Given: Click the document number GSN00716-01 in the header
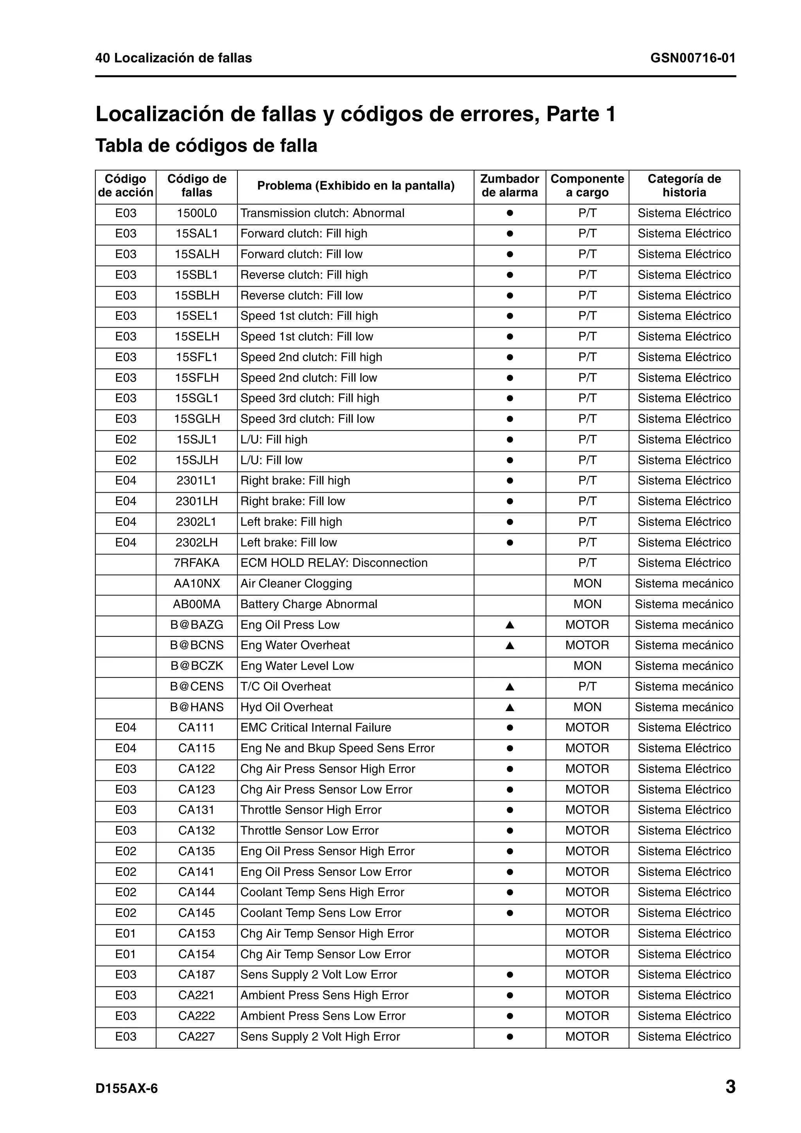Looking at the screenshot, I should click(692, 58).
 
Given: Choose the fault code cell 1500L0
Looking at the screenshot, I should click(196, 213).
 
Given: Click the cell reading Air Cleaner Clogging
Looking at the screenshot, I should click(296, 583).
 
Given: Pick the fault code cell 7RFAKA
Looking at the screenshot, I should click(196, 563).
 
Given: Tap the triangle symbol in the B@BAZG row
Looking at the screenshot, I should click(510, 625).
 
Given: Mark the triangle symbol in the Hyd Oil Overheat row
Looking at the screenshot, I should click(510, 708).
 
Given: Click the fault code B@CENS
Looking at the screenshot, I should click(196, 687).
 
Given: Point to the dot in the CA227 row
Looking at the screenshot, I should click(510, 1036).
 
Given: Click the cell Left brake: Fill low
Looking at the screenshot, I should click(288, 542).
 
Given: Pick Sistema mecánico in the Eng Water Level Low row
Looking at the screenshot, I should click(684, 666).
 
